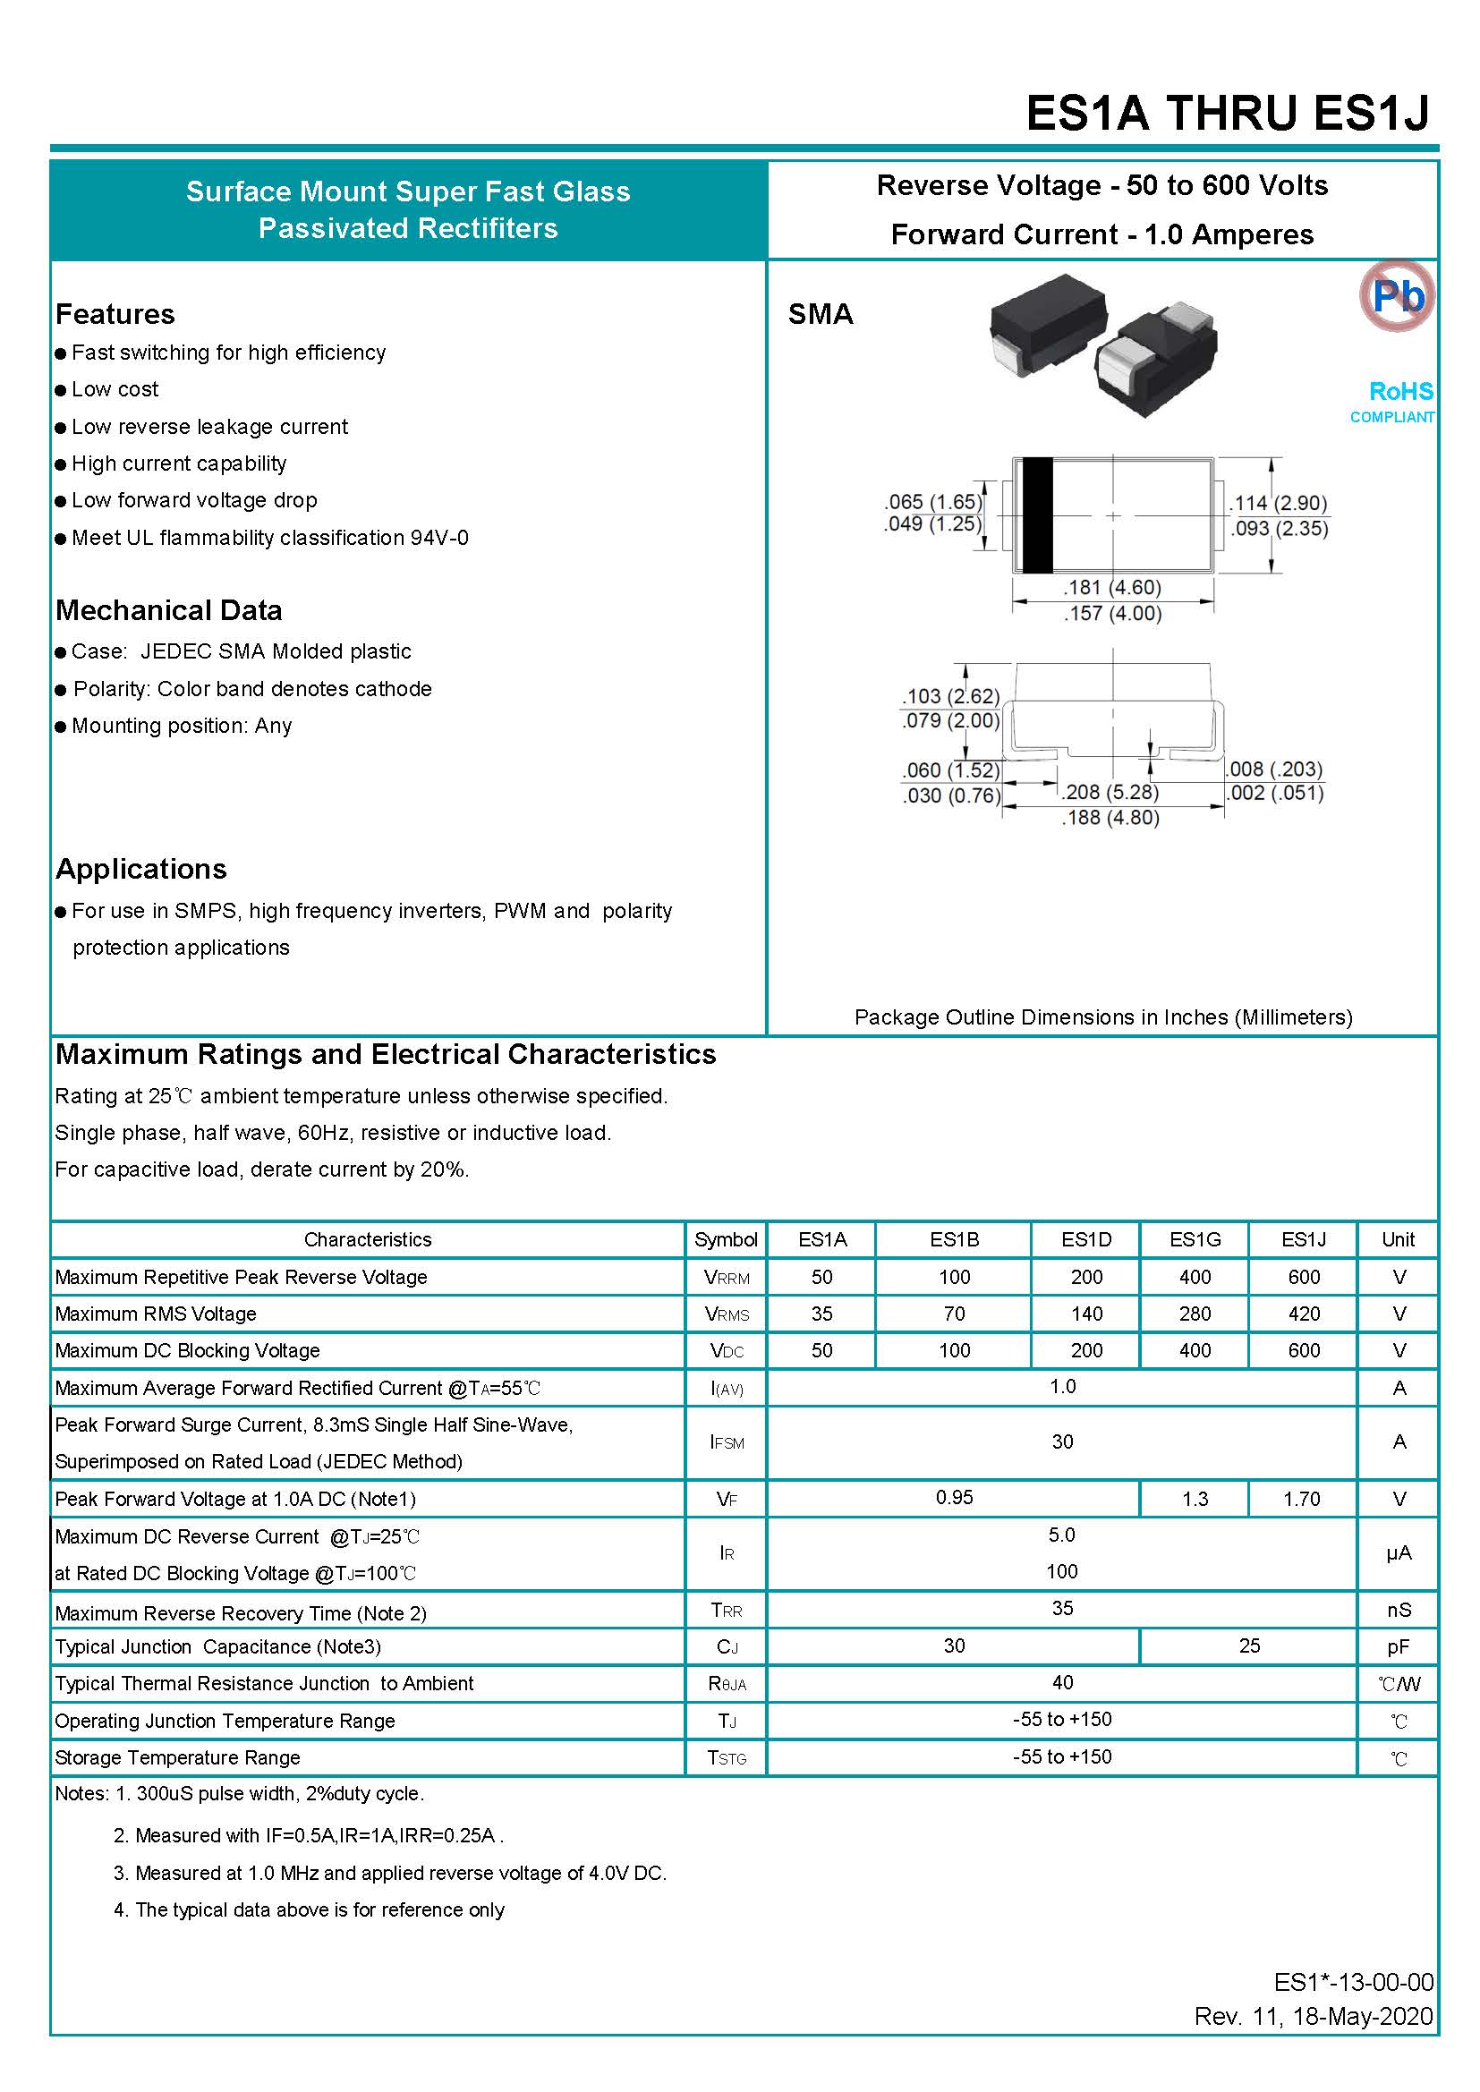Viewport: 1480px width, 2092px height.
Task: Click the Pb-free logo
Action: (1396, 295)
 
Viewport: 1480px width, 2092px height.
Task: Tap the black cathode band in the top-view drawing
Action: (1037, 514)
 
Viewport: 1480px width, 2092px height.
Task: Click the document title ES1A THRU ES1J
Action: (1227, 114)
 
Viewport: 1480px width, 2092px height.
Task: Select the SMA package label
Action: (821, 314)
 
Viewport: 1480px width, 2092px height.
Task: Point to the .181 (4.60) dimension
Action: (1112, 588)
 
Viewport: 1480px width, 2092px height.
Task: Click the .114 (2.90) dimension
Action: (1278, 503)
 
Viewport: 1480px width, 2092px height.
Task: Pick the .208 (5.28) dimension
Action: (1110, 792)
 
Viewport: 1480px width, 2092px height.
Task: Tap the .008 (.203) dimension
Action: (1274, 769)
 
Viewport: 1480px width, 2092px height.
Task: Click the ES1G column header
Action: (1194, 1239)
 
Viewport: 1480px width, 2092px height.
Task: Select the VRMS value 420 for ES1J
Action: (1303, 1313)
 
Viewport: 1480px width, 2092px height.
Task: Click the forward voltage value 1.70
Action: (1301, 1499)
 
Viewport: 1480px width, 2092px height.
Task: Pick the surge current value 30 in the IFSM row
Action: (1062, 1441)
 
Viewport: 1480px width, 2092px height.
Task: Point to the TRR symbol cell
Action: (727, 1611)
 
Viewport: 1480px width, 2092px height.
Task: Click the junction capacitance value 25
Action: (1248, 1646)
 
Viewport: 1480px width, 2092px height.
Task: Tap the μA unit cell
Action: (1398, 1553)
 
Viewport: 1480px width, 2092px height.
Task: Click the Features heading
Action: (115, 314)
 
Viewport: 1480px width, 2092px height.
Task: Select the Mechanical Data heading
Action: (168, 610)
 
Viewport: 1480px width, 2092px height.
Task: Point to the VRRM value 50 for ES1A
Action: (821, 1277)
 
